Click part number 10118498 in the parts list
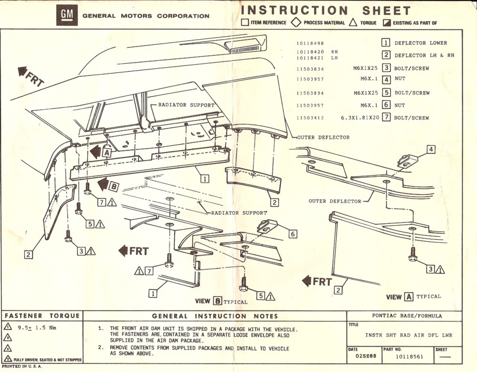[310, 43]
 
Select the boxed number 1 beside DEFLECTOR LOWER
[386, 42]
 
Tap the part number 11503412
[310, 118]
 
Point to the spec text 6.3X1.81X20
[360, 118]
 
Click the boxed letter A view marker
[106, 153]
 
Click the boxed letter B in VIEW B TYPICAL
[217, 301]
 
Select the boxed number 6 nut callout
[292, 234]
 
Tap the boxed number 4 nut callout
[431, 150]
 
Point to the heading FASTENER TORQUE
[41, 316]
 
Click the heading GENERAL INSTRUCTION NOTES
[215, 316]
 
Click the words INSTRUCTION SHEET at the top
[326, 10]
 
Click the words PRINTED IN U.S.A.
[21, 366]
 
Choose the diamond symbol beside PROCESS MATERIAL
[297, 23]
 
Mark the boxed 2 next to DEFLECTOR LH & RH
[386, 55]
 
